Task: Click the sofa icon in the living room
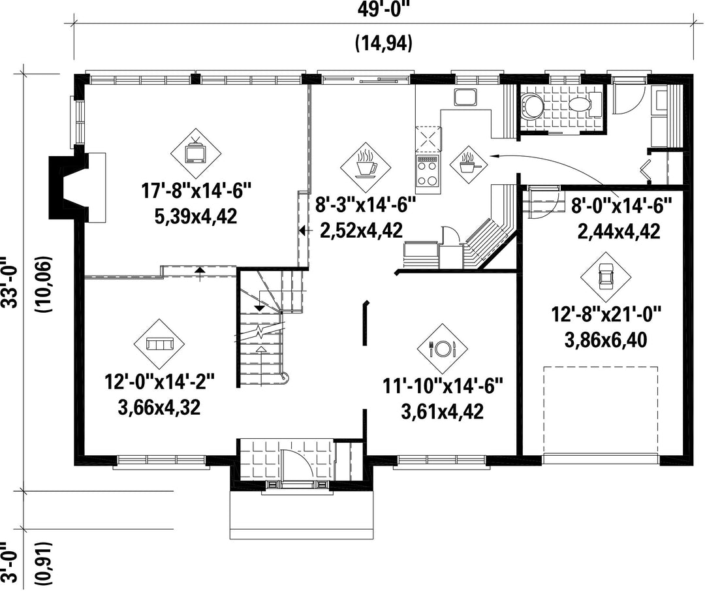[x=160, y=345]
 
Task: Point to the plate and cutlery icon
[x=443, y=347]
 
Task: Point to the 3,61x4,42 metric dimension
[x=442, y=412]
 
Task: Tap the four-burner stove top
[x=428, y=171]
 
